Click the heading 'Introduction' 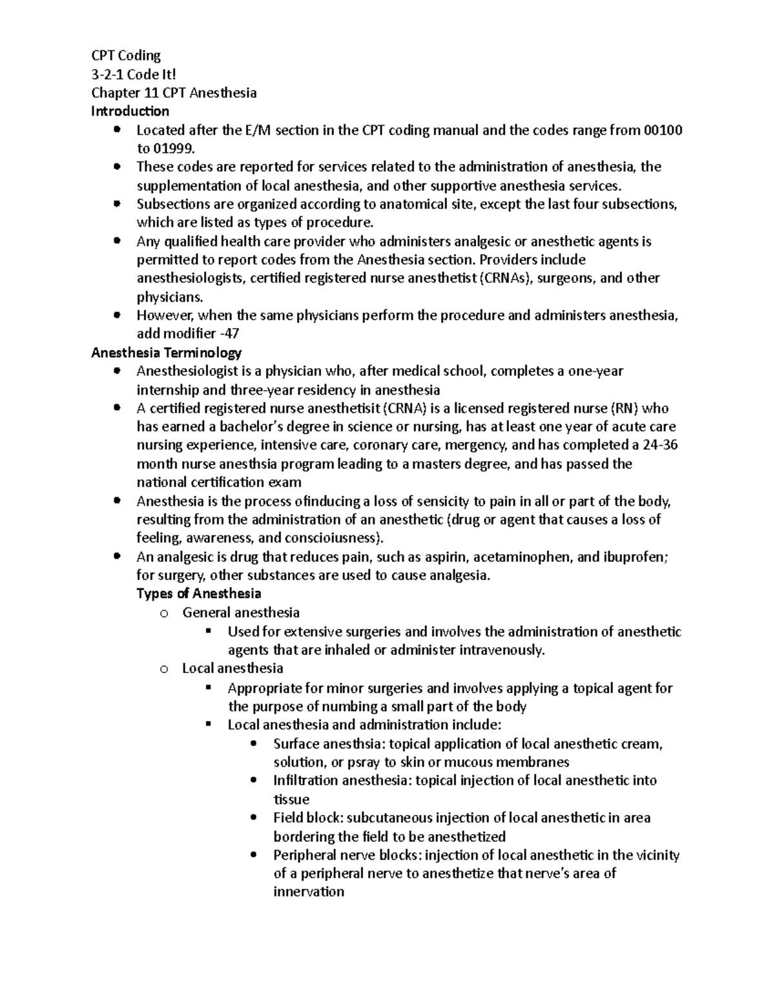(130, 111)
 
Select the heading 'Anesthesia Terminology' (167, 353)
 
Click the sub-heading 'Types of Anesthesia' (199, 594)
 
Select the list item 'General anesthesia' (241, 612)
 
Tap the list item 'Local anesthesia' (232, 668)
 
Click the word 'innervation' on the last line (309, 892)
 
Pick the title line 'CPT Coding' (126, 56)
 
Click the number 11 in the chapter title (152, 92)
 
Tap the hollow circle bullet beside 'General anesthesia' (163, 614)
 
